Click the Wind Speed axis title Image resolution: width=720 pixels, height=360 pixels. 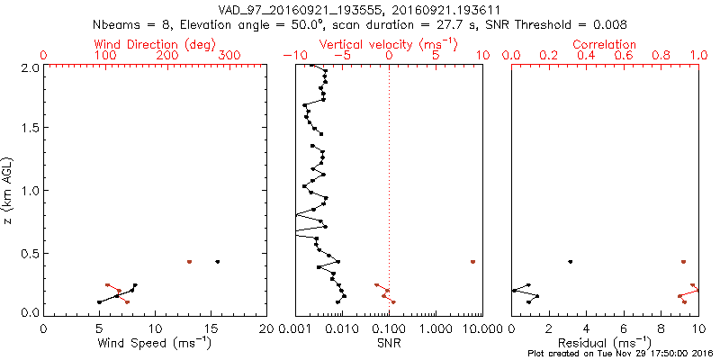pyautogui.click(x=155, y=343)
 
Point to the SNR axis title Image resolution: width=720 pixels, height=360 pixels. pyautogui.click(x=389, y=343)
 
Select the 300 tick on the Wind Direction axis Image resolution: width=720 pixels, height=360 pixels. pyautogui.click(x=230, y=56)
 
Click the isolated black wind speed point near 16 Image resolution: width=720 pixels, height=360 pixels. pyautogui.click(x=217, y=262)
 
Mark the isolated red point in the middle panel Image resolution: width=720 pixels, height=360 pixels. pyautogui.click(x=472, y=262)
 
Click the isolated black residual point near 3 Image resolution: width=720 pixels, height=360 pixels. pyautogui.click(x=570, y=262)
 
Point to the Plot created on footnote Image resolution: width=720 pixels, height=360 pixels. pyautogui.click(x=618, y=354)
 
